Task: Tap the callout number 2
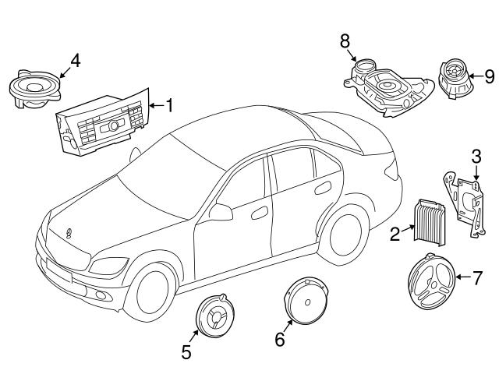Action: tap(395, 232)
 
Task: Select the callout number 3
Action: tap(475, 159)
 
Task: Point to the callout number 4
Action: tap(75, 59)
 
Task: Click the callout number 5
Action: tap(186, 351)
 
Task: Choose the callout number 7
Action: tap(479, 276)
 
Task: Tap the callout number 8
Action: tap(345, 41)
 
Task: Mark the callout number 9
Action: tap(489, 76)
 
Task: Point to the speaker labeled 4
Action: tap(34, 88)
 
